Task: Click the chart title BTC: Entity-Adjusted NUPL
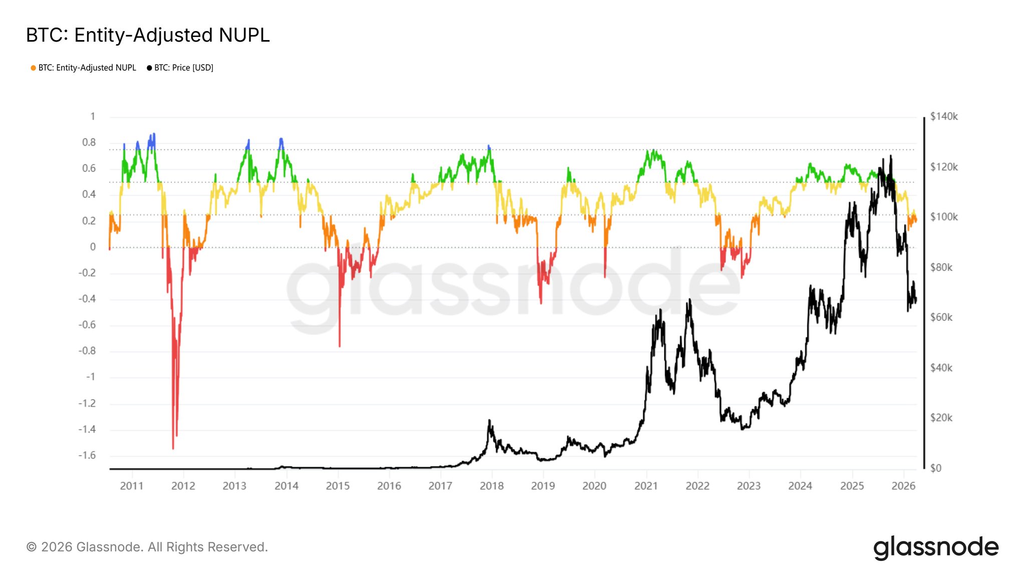148,35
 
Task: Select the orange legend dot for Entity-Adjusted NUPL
33,68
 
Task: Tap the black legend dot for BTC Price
149,68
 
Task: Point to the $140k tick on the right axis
943,117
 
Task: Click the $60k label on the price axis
941,318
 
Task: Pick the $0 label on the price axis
935,468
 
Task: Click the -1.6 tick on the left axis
87,455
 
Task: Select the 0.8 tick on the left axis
89,143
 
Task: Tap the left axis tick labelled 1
93,117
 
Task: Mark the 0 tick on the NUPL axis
93,247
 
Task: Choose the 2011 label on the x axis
132,486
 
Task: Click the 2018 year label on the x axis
491,486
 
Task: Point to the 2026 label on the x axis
903,486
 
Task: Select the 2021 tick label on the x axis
646,486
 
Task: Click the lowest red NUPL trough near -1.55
173,448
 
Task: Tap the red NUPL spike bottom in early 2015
339,346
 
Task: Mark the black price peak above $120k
890,156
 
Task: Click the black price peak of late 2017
489,421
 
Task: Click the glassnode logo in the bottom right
936,547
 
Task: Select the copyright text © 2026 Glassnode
147,547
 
